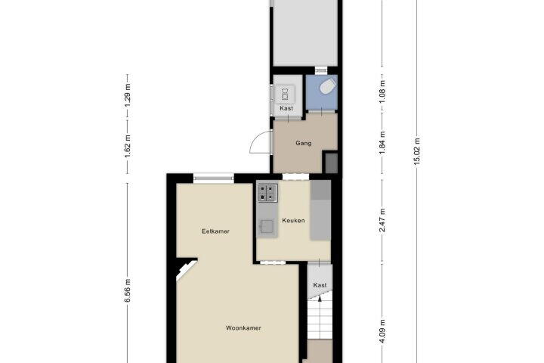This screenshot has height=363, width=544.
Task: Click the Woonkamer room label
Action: [x=243, y=328]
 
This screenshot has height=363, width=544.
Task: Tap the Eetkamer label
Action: [x=215, y=231]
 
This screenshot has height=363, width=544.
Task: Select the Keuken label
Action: [x=293, y=221]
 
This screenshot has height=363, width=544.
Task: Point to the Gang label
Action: [x=303, y=143]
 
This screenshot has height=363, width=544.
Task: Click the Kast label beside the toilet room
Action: [x=286, y=108]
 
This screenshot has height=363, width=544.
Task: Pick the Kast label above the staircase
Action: [x=320, y=285]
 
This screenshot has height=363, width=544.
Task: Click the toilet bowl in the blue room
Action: [x=328, y=86]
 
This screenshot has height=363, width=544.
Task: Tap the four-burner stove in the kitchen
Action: [x=267, y=193]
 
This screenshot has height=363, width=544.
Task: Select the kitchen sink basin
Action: [x=267, y=226]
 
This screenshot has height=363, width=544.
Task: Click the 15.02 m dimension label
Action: [x=417, y=153]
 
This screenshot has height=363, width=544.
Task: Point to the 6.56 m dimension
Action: [x=128, y=290]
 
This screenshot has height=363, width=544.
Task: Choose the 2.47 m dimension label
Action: [x=382, y=220]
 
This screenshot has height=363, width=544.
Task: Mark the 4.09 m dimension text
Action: [x=382, y=331]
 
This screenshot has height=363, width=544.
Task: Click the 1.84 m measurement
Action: [x=382, y=143]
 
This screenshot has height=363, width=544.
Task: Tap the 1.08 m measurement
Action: [x=382, y=92]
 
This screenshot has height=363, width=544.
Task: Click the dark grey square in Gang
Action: [x=331, y=163]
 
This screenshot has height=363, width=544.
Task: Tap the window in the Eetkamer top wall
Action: [x=214, y=178]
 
